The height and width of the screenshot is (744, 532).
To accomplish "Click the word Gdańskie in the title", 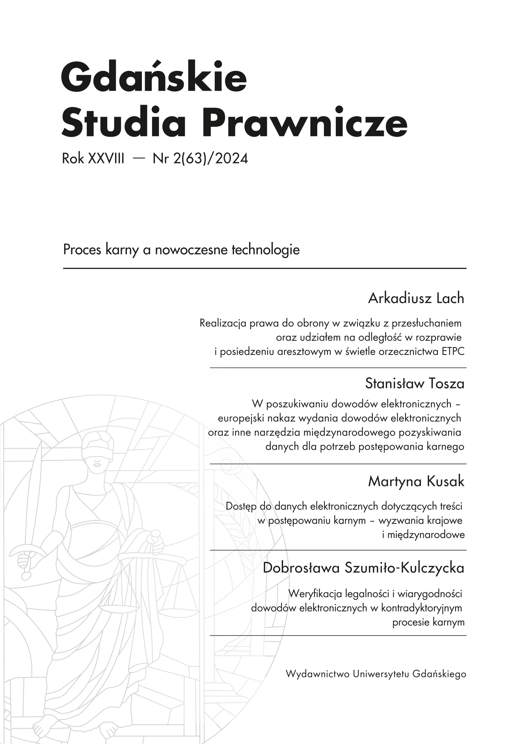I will [154, 76].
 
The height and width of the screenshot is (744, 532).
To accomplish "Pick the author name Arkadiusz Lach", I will [416, 299].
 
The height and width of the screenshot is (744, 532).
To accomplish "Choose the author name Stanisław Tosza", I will [415, 383].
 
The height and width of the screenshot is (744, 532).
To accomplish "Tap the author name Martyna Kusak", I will [416, 481].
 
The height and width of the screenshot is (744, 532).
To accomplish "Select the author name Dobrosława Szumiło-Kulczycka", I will [363, 568].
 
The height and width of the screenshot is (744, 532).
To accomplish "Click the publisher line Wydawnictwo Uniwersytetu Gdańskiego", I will [376, 674].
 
